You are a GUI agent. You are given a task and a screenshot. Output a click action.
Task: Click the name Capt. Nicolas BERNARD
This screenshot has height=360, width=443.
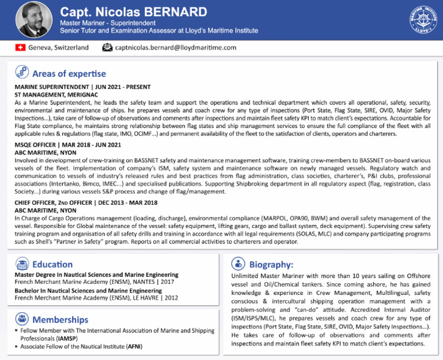pyautogui.click(x=133, y=12)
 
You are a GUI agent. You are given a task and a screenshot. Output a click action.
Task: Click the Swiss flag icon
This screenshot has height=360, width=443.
pyautogui.click(x=20, y=47)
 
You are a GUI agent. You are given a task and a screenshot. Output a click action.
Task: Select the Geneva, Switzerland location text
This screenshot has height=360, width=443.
pyautogui.click(x=58, y=47)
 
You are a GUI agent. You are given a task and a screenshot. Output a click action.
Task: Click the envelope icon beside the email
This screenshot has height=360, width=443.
pyautogui.click(x=107, y=47)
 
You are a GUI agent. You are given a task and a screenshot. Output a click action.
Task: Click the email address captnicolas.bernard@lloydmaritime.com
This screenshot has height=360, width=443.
pyautogui.click(x=175, y=47)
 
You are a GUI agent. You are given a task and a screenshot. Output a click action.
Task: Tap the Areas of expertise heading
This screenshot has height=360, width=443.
pyautogui.click(x=69, y=73)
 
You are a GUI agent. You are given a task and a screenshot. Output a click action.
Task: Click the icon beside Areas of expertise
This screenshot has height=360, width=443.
pyautogui.click(x=22, y=73)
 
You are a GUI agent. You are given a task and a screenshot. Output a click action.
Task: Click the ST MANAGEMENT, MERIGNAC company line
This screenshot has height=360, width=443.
pyautogui.click(x=56, y=94)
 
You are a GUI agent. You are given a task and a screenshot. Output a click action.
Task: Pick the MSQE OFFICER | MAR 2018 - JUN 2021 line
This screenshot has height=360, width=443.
pyautogui.click(x=67, y=144)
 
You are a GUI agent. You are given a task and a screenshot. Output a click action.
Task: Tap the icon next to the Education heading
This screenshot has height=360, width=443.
pyautogui.click(x=22, y=264)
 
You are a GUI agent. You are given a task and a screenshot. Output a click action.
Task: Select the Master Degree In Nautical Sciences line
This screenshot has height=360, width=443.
pyautogui.click(x=96, y=275)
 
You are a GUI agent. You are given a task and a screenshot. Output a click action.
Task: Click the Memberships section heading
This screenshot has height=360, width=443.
pyautogui.click(x=60, y=319)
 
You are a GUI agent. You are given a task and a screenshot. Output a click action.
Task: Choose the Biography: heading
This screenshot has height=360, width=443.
pyautogui.click(x=271, y=264)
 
